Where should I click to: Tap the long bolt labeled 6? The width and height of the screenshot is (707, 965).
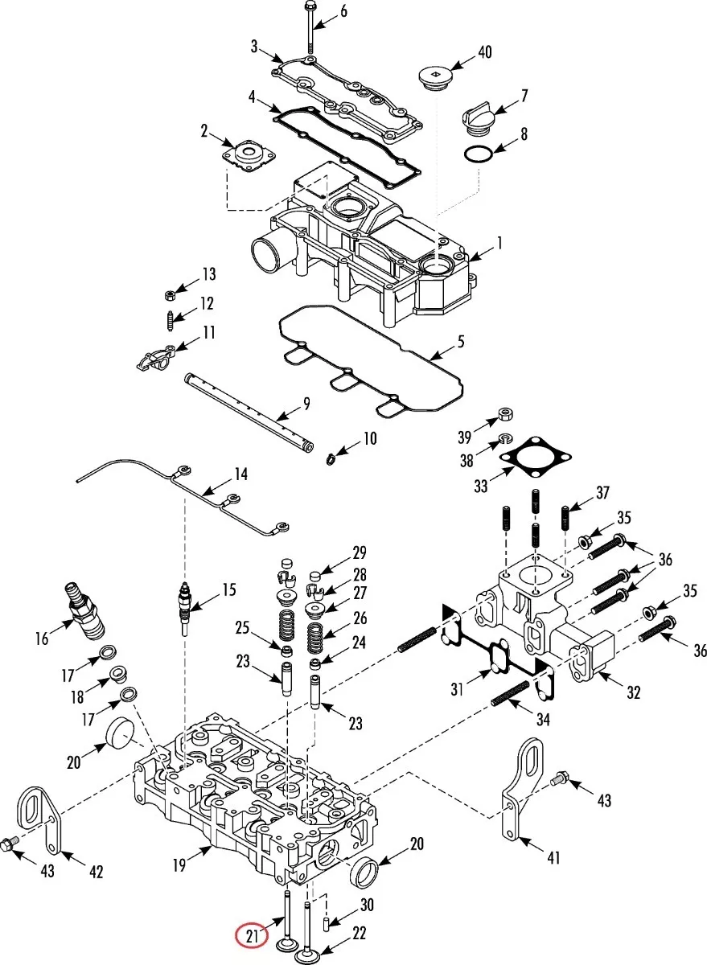tap(310, 27)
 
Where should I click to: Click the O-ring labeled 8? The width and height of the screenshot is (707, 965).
tap(479, 154)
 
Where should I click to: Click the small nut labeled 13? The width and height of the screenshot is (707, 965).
tap(171, 295)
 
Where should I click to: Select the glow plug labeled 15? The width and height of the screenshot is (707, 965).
tap(185, 607)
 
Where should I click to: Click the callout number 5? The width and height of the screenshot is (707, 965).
tap(461, 342)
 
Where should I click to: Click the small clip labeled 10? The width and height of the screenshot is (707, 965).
tap(331, 457)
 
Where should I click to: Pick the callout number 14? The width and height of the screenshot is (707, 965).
tap(240, 474)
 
